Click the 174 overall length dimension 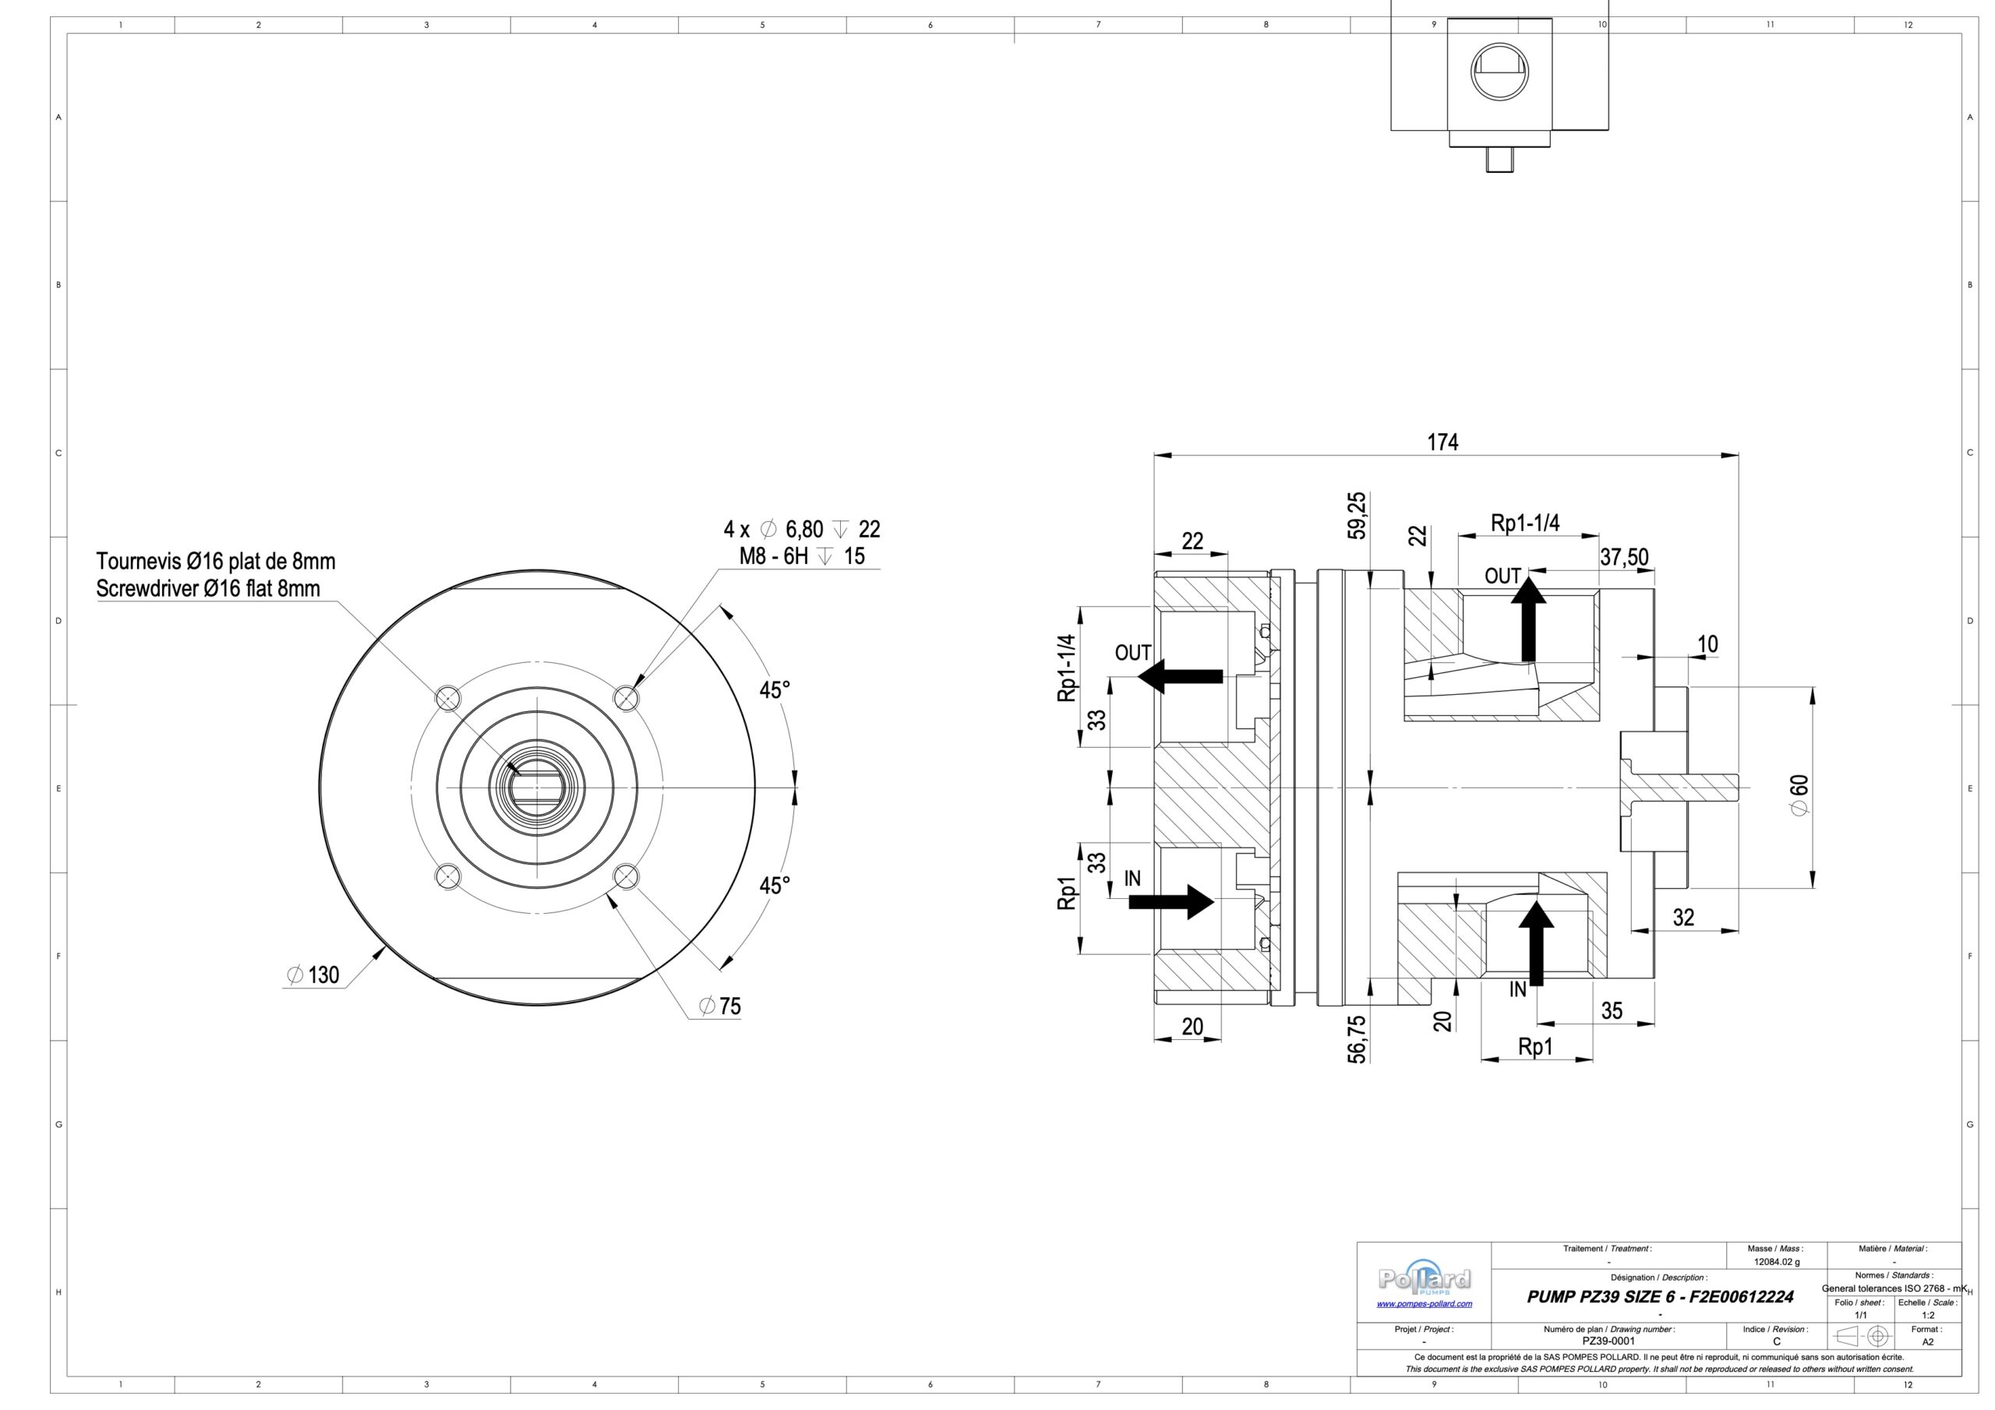pos(1442,442)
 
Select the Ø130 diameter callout pos(314,975)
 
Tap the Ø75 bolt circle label pos(720,1006)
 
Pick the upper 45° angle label pos(774,689)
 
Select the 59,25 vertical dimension pos(1356,515)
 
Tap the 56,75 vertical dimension pos(1356,1038)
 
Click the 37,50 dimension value pos(1624,557)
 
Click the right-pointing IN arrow pos(1171,902)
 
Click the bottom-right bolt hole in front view pos(626,876)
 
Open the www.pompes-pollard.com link pos(1424,1304)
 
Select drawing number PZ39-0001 pos(1608,1341)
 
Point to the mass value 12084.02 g pos(1777,1261)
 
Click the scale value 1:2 pos(1927,1315)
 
